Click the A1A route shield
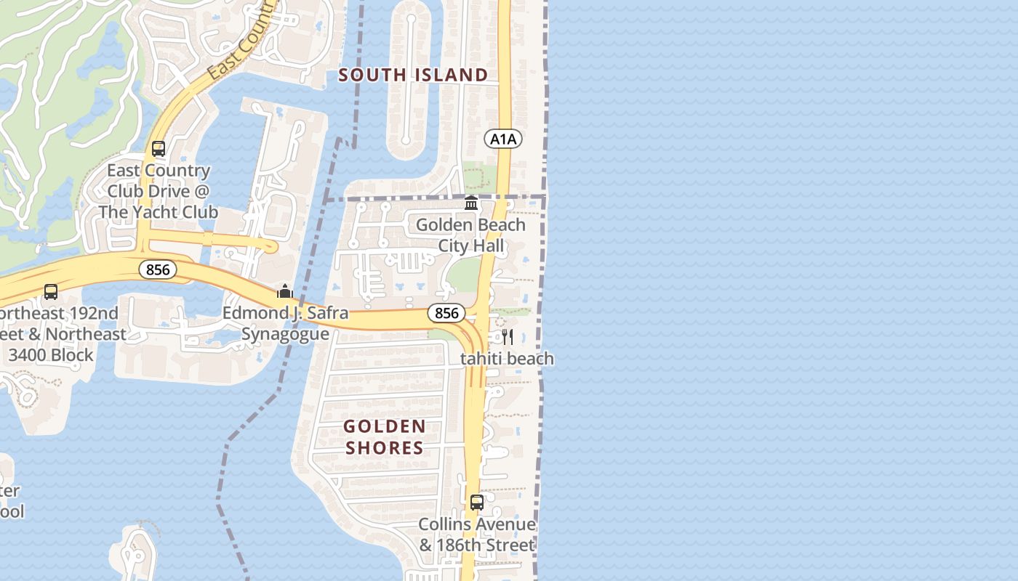tap(503, 139)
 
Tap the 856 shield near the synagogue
tap(446, 313)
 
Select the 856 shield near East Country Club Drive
tap(157, 270)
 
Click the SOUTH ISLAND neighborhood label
tap(413, 75)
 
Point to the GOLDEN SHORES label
tap(384, 436)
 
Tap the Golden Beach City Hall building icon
tap(471, 203)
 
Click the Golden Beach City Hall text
tap(470, 235)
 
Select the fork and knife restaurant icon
tap(508, 337)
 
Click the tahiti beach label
tap(507, 359)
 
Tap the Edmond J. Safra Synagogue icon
tap(284, 292)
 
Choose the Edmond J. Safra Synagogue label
tap(285, 324)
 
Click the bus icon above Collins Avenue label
tap(477, 503)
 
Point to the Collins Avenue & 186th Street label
tap(477, 535)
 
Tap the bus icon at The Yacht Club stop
tap(159, 150)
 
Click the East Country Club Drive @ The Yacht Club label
tap(159, 191)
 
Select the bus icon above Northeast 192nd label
tap(51, 292)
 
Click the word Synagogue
tap(285, 334)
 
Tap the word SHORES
tap(384, 447)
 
